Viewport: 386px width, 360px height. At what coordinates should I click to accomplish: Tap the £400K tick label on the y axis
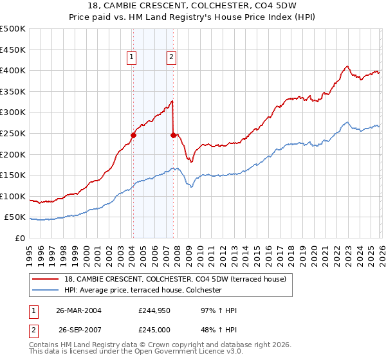13,71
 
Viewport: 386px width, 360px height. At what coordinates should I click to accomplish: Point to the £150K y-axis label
13,175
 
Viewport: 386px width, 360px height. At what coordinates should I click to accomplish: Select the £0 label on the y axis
19,238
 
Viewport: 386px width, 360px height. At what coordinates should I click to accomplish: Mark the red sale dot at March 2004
133,135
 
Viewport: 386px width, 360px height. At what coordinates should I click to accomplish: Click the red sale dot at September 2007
173,135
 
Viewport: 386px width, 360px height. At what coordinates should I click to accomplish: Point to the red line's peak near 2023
347,66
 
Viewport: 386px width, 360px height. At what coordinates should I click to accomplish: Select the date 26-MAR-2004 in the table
78,310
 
